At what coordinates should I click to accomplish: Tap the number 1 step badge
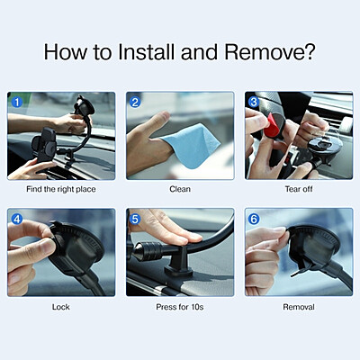pos(16,102)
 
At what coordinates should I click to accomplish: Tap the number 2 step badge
pos(135,102)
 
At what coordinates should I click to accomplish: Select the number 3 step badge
pos(254,102)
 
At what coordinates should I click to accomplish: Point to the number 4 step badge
pos(16,219)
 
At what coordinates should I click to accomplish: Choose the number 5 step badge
pos(135,219)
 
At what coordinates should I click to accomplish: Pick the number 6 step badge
pos(254,219)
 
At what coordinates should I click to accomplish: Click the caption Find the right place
pos(61,190)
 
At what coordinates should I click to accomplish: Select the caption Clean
pos(180,190)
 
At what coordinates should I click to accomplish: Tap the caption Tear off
pos(299,190)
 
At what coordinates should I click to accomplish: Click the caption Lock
pos(61,307)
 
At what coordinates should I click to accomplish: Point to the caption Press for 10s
pos(180,307)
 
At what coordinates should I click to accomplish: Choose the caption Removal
pos(299,307)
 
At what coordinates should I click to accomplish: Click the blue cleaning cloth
pos(189,144)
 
